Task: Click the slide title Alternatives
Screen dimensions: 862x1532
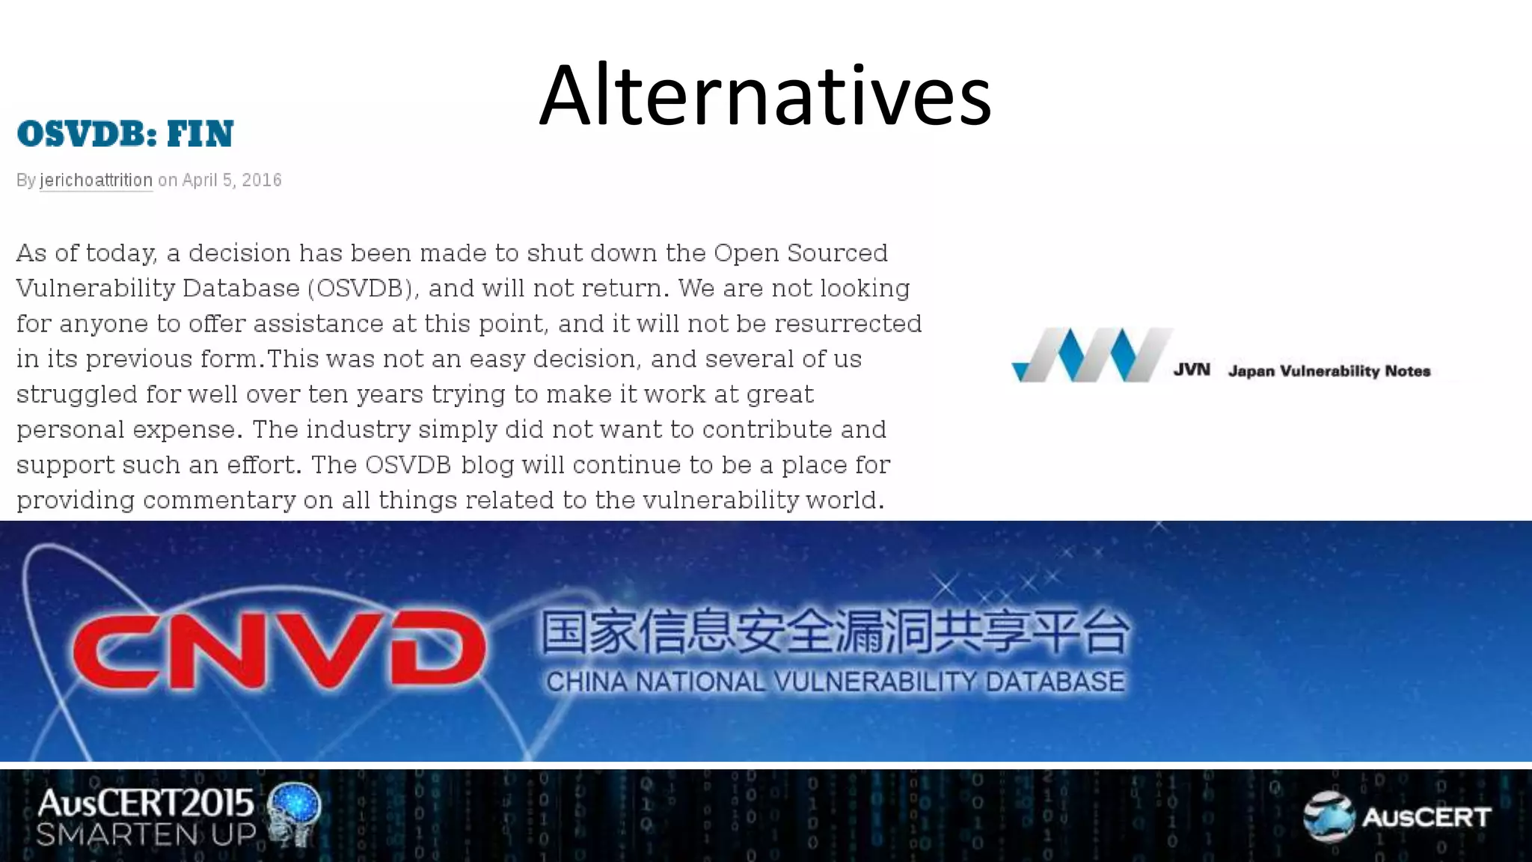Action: (765, 96)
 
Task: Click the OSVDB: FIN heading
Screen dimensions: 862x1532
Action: (125, 135)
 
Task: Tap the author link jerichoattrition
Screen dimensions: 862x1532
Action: (96, 180)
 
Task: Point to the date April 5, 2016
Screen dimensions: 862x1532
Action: (232, 180)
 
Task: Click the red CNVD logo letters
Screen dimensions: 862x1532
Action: (278, 649)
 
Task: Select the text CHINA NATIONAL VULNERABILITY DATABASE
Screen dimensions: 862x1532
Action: (835, 682)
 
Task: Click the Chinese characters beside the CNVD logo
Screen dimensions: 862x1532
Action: (835, 632)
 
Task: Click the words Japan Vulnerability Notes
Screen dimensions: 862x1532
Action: (1329, 371)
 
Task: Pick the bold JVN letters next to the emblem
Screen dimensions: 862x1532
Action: (1191, 370)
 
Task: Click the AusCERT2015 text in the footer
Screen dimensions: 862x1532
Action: (146, 804)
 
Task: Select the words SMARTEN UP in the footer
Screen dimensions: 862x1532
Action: (146, 834)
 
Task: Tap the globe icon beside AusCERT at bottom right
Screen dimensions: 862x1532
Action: (1329, 816)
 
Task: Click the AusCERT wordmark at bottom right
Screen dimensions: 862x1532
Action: (1427, 817)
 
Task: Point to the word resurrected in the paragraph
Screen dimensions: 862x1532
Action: (848, 323)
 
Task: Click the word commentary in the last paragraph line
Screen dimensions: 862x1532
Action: (219, 500)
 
